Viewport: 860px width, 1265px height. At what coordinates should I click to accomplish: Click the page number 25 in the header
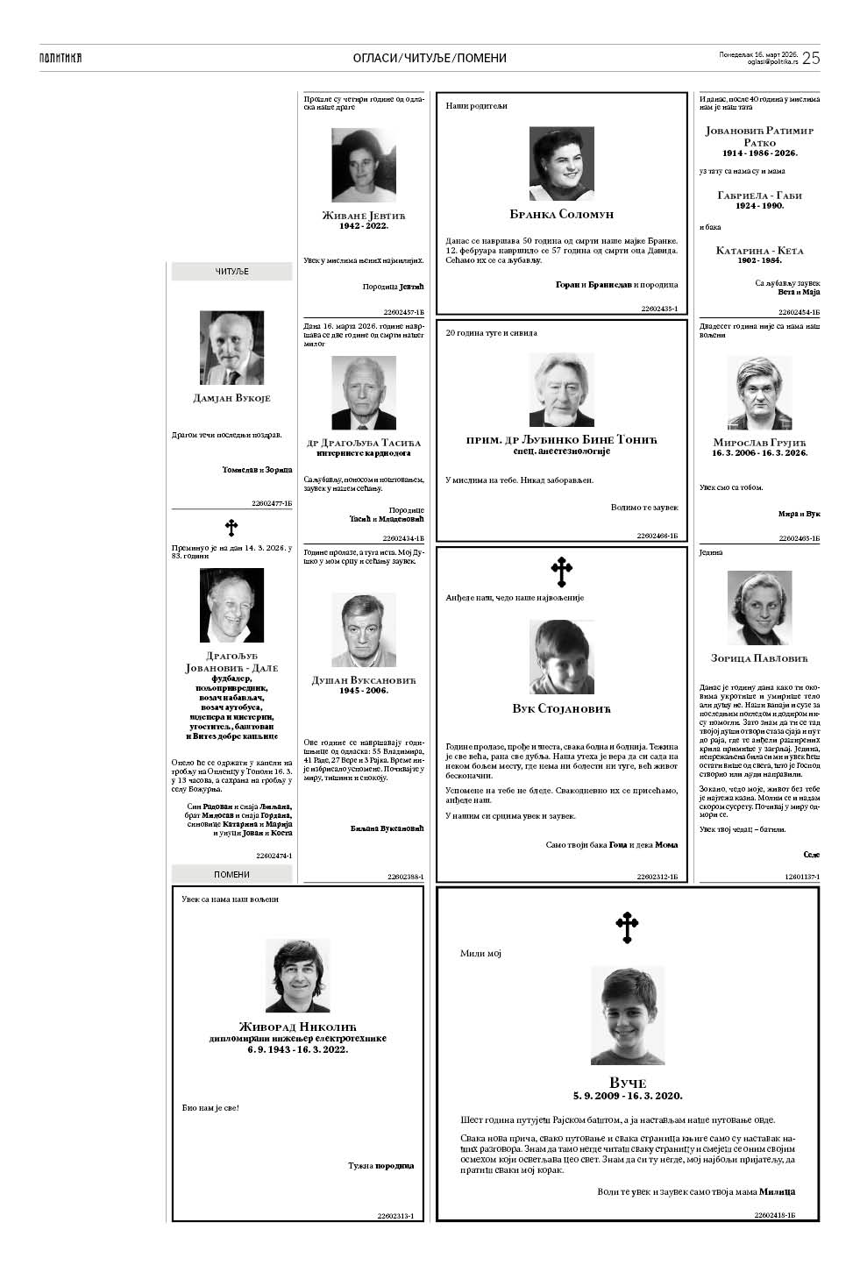tap(811, 58)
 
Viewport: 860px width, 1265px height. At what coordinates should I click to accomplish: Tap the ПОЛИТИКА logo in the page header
tap(60, 58)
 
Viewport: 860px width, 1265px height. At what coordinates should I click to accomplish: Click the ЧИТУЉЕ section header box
tap(232, 272)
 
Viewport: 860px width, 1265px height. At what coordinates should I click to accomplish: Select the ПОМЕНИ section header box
tap(232, 874)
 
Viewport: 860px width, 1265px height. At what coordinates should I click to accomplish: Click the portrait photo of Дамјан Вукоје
tap(231, 348)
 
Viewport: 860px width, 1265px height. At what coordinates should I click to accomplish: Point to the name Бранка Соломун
tap(561, 214)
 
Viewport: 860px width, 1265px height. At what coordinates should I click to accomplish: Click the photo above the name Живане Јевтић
tap(364, 166)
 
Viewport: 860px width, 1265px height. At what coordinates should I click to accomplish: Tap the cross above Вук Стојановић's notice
tap(561, 572)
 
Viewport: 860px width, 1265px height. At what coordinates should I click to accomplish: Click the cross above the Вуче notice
tap(627, 927)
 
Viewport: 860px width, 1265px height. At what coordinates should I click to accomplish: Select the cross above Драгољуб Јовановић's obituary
tap(231, 528)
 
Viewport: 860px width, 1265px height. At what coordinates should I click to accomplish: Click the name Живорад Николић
tap(297, 1027)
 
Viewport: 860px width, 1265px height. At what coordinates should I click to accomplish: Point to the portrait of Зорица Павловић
tap(759, 608)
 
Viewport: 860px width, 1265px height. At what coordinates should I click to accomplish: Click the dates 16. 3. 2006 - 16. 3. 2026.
tap(759, 452)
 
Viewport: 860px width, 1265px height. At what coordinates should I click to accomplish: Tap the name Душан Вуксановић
tap(364, 679)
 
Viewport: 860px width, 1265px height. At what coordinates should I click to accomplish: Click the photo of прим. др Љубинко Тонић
tap(561, 390)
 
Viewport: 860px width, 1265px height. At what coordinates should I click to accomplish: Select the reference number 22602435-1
tap(660, 309)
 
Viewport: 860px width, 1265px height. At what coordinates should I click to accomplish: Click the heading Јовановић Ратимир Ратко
tap(759, 136)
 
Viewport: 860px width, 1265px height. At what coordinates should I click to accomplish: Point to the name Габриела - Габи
tap(759, 195)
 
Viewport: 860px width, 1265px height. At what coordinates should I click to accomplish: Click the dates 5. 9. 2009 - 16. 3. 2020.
tap(627, 1096)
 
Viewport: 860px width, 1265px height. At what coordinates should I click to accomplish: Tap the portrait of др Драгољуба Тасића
tap(364, 392)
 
